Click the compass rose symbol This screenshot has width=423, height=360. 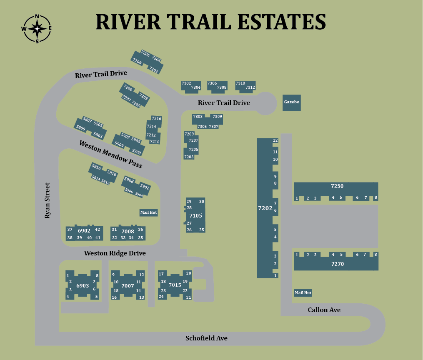pos(37,29)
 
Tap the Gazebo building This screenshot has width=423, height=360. pos(291,102)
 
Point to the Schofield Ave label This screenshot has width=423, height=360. pos(206,338)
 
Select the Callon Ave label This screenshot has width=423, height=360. pos(324,310)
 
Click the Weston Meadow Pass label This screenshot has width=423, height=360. pos(110,154)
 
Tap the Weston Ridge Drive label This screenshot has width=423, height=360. pos(115,253)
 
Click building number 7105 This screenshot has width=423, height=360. pos(195,215)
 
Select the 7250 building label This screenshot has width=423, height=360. pos(337,186)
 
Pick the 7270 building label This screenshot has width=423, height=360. pos(338,264)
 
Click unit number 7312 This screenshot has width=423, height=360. pos(250,87)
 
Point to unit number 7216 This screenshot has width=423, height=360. pos(156,119)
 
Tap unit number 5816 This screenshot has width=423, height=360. pos(96,167)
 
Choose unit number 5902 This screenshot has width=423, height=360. pos(145,186)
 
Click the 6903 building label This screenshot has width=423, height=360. pos(83,285)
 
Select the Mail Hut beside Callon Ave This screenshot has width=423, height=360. pos(303,292)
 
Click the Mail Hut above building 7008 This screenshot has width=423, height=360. pos(148,212)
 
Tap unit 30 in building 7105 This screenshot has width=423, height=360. pos(202,202)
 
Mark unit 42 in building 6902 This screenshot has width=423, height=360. pos(98,230)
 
